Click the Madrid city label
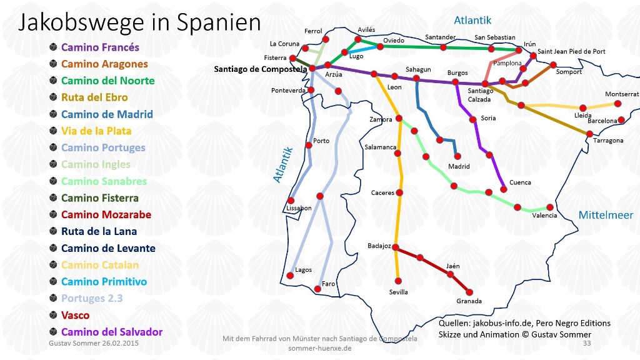pos(459,167)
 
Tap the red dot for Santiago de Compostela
pos(312,69)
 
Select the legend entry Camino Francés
pos(100,47)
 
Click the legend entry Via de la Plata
pos(96,131)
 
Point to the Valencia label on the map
pos(544,215)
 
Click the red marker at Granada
pos(469,292)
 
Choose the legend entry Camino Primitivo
pos(104,282)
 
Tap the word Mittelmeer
pos(606,215)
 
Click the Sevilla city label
pos(398,292)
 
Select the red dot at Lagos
pos(289,276)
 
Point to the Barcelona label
pos(602,121)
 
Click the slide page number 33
pos(586,343)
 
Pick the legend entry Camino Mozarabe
pos(106,214)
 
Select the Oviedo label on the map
pos(394,41)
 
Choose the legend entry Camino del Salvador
pos(112,332)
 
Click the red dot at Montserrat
pos(617,104)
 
